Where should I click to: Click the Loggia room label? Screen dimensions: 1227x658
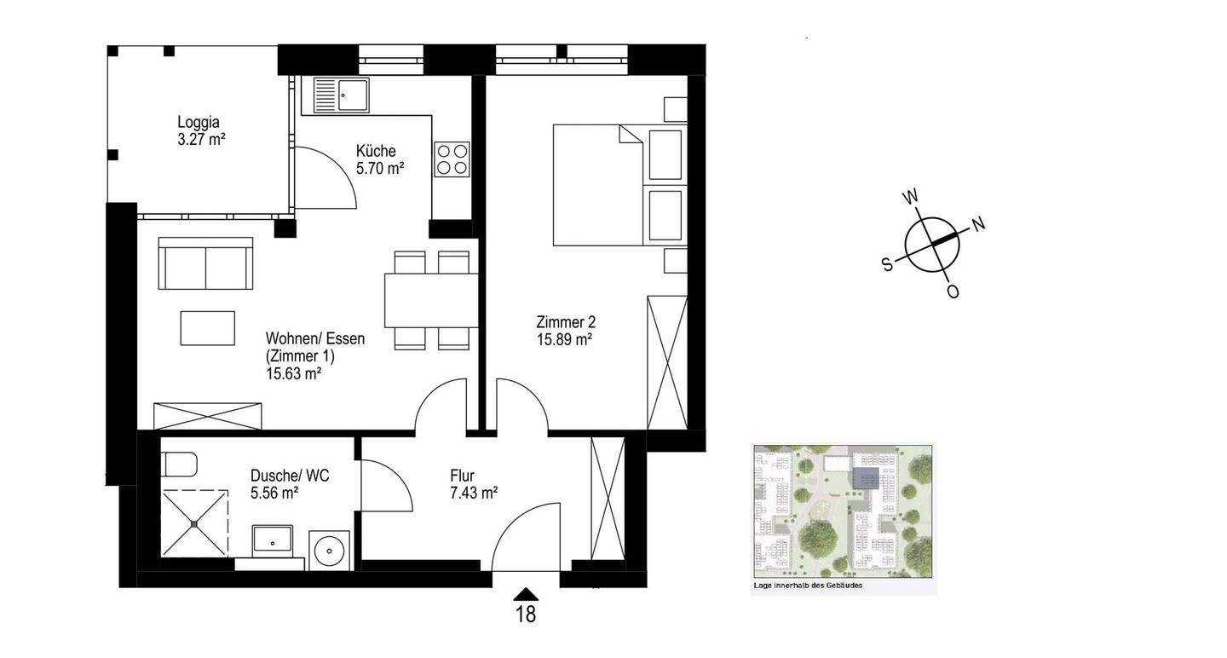(199, 122)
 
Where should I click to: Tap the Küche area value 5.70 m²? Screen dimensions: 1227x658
(380, 168)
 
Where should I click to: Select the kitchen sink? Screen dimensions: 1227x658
(341, 95)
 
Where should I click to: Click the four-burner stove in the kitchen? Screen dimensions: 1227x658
(452, 159)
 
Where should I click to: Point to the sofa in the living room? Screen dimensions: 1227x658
(205, 263)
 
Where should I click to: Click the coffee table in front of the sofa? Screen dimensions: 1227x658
(208, 328)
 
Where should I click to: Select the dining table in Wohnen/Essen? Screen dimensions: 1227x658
(431, 300)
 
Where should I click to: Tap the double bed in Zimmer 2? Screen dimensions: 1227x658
(620, 185)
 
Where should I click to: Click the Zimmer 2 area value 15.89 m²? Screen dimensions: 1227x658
(564, 340)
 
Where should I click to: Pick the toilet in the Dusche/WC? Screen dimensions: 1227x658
(181, 465)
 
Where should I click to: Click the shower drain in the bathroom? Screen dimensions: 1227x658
(194, 524)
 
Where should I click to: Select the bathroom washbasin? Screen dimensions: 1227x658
(273, 540)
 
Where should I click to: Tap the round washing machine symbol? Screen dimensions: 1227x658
(329, 551)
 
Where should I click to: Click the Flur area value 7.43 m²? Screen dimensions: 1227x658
(474, 493)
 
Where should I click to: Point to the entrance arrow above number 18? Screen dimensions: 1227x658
(526, 594)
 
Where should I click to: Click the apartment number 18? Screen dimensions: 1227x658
(526, 615)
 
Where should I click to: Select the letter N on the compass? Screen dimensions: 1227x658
(978, 223)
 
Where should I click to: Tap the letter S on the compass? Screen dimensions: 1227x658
(887, 264)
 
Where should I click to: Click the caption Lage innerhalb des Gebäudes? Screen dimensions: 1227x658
(808, 586)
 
